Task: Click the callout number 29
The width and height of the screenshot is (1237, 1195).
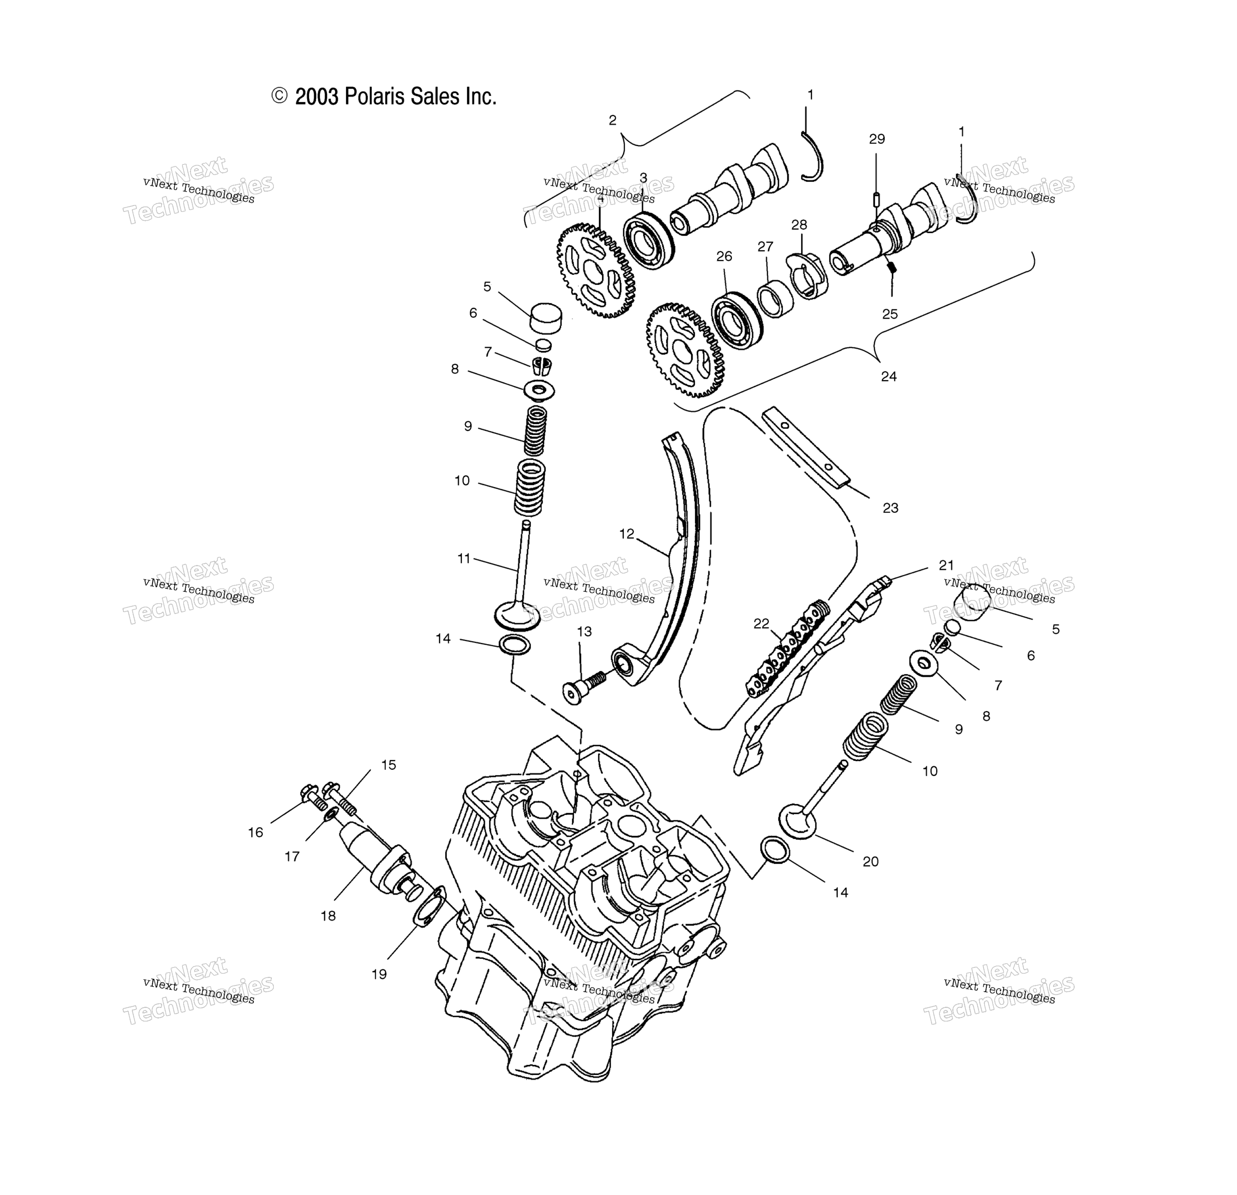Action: [877, 139]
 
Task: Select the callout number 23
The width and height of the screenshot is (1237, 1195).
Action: [890, 508]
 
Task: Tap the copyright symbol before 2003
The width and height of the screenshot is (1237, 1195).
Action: [279, 96]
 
